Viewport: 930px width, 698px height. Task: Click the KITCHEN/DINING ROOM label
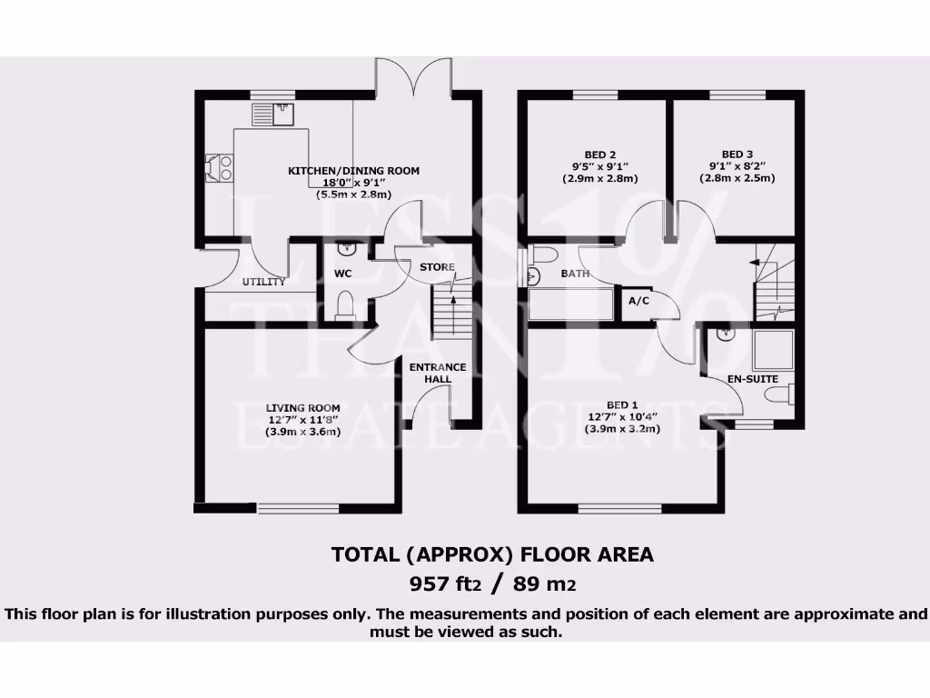pyautogui.click(x=353, y=171)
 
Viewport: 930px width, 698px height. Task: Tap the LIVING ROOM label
pyautogui.click(x=302, y=408)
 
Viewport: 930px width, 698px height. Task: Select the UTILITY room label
pyautogui.click(x=263, y=282)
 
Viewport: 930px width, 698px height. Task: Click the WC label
pyautogui.click(x=343, y=274)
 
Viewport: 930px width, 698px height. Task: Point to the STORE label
pyautogui.click(x=437, y=267)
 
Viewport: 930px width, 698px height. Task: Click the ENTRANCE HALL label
pyautogui.click(x=437, y=373)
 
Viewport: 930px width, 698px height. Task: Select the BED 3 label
pyautogui.click(x=737, y=154)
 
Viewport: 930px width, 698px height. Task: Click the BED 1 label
pyautogui.click(x=622, y=404)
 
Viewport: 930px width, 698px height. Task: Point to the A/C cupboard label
pyautogui.click(x=638, y=302)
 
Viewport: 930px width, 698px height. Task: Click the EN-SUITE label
pyautogui.click(x=752, y=378)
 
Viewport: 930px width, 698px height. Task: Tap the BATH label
pyautogui.click(x=575, y=273)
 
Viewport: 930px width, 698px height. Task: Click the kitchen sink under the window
pyautogui.click(x=284, y=114)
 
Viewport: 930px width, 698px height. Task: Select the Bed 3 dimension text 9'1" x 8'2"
pyautogui.click(x=737, y=166)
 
